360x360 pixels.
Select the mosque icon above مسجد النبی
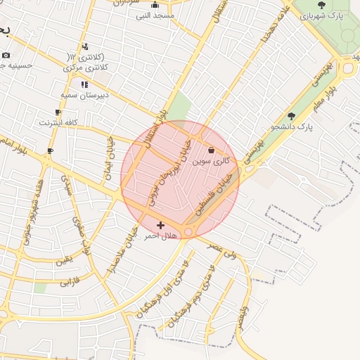click(155, 4)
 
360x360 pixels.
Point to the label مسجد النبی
click(155, 15)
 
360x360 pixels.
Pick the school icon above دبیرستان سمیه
click(84, 84)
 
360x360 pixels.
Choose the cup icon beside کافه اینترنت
click(58, 112)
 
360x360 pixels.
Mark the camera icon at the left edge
click(6, 55)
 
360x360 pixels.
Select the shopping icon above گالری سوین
click(212, 150)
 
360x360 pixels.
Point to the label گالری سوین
click(212, 161)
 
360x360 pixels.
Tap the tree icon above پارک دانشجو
click(292, 116)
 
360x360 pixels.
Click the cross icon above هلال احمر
click(161, 225)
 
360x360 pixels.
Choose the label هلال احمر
click(158, 236)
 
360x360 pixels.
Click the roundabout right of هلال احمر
click(188, 232)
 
